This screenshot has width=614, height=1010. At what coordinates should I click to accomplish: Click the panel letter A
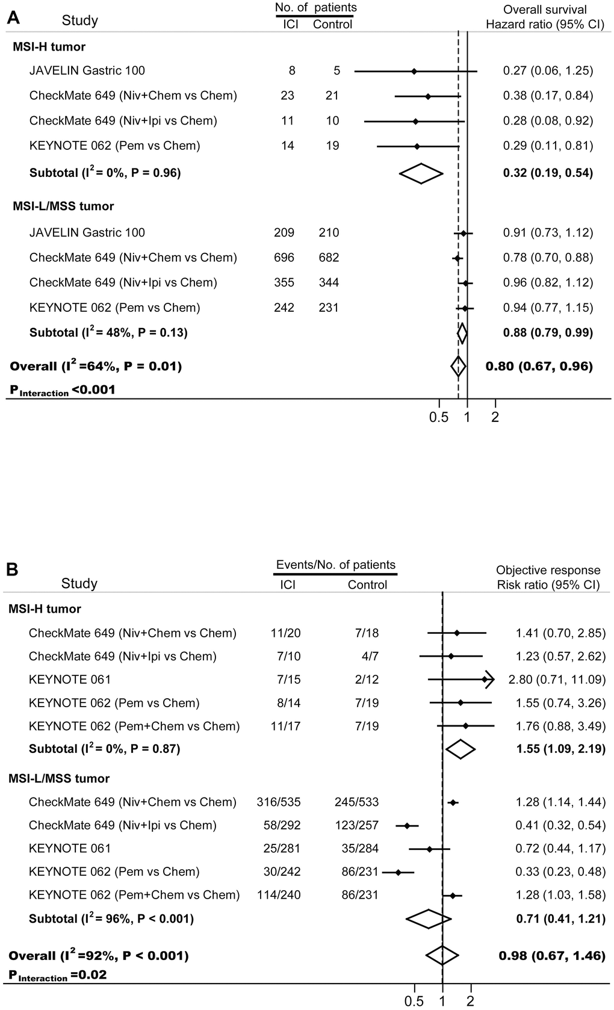point(13,17)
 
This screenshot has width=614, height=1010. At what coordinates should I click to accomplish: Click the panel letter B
point(12,569)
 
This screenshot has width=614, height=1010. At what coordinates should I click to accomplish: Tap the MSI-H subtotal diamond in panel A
point(421,173)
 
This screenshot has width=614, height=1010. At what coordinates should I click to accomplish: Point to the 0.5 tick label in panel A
point(439,417)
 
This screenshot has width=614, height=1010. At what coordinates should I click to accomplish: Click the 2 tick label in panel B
point(471,1000)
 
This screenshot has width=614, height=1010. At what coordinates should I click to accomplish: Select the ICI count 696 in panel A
point(284,258)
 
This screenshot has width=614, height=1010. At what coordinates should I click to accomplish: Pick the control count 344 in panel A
point(329,283)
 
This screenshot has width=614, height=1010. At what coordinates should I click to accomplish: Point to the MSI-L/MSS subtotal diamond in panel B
point(429,919)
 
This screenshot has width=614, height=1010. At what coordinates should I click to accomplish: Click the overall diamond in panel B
point(442,955)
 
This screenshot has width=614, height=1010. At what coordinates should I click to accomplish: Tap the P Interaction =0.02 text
point(58,974)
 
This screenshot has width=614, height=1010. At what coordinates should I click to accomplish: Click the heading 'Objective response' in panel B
point(548,570)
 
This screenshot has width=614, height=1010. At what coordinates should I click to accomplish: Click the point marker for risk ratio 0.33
point(398,872)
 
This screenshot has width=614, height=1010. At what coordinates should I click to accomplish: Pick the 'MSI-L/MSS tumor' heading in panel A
point(63,206)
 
